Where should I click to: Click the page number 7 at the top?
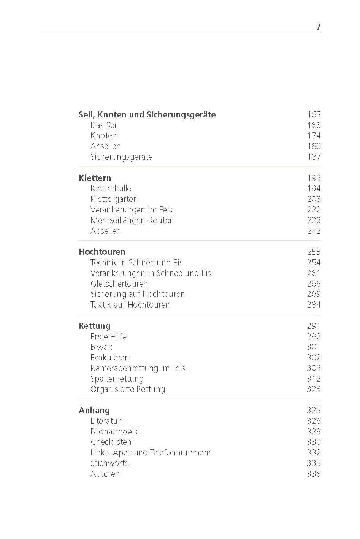[x=318, y=27]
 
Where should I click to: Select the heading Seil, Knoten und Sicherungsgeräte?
[x=147, y=115]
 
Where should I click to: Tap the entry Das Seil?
[x=104, y=125]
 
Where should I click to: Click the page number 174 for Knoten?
[x=314, y=136]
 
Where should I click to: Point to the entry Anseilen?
[x=105, y=146]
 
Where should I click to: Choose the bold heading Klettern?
[x=95, y=178]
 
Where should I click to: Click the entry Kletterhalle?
[x=111, y=189]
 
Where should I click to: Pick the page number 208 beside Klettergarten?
[x=314, y=199]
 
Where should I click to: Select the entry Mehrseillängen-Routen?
[x=132, y=220]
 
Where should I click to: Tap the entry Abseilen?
[x=105, y=231]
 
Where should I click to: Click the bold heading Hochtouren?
[x=101, y=252]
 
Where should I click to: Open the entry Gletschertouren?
[x=119, y=284]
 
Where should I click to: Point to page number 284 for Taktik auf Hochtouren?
[x=314, y=305]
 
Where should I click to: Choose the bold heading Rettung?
[x=94, y=326]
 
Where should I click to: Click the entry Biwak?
[x=101, y=347]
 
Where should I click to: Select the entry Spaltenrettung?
[x=117, y=379]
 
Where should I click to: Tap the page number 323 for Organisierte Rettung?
[x=314, y=389]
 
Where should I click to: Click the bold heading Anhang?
[x=94, y=411]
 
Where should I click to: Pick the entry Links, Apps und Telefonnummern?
[x=150, y=453]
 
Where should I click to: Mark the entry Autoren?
[x=105, y=474]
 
